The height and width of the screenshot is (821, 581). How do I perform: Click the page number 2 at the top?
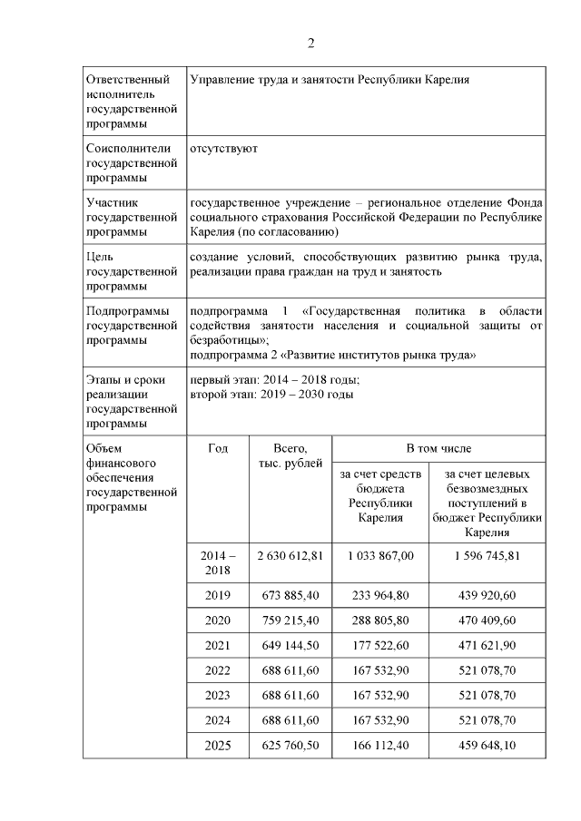(x=310, y=43)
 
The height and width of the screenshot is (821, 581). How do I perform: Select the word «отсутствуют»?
(x=223, y=148)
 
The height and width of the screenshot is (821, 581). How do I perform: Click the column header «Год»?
(x=218, y=448)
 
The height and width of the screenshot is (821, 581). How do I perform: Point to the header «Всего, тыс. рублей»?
(x=290, y=456)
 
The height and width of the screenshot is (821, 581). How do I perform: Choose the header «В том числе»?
(x=438, y=448)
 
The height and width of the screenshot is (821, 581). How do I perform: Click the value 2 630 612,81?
(x=290, y=555)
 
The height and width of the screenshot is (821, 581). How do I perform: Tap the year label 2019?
(x=218, y=595)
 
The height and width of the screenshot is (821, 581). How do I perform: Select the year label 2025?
(x=218, y=746)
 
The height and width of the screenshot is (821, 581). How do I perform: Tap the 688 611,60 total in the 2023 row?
(x=290, y=695)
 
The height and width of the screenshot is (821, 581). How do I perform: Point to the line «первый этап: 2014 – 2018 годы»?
(x=275, y=379)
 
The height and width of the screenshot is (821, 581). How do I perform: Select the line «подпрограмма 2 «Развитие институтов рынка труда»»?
(x=333, y=354)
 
